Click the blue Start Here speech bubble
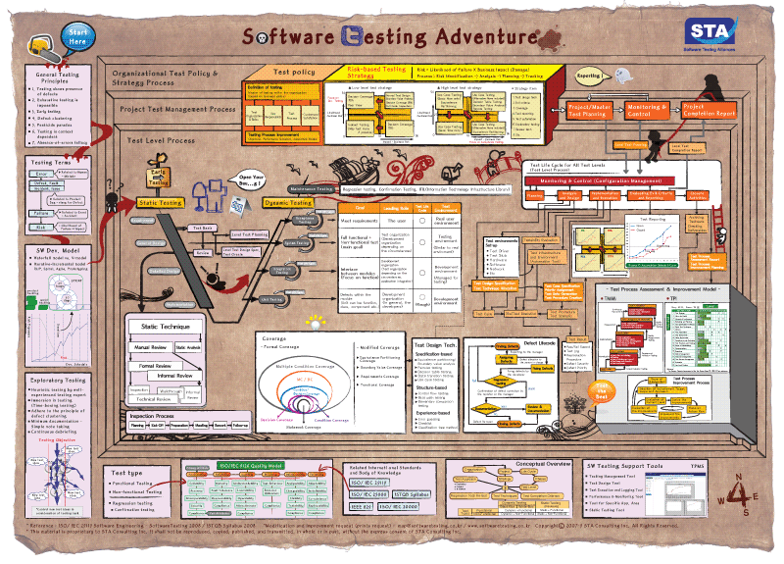click(76, 39)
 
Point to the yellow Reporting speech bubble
click(589, 75)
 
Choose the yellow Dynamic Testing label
click(289, 203)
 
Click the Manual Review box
click(149, 347)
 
